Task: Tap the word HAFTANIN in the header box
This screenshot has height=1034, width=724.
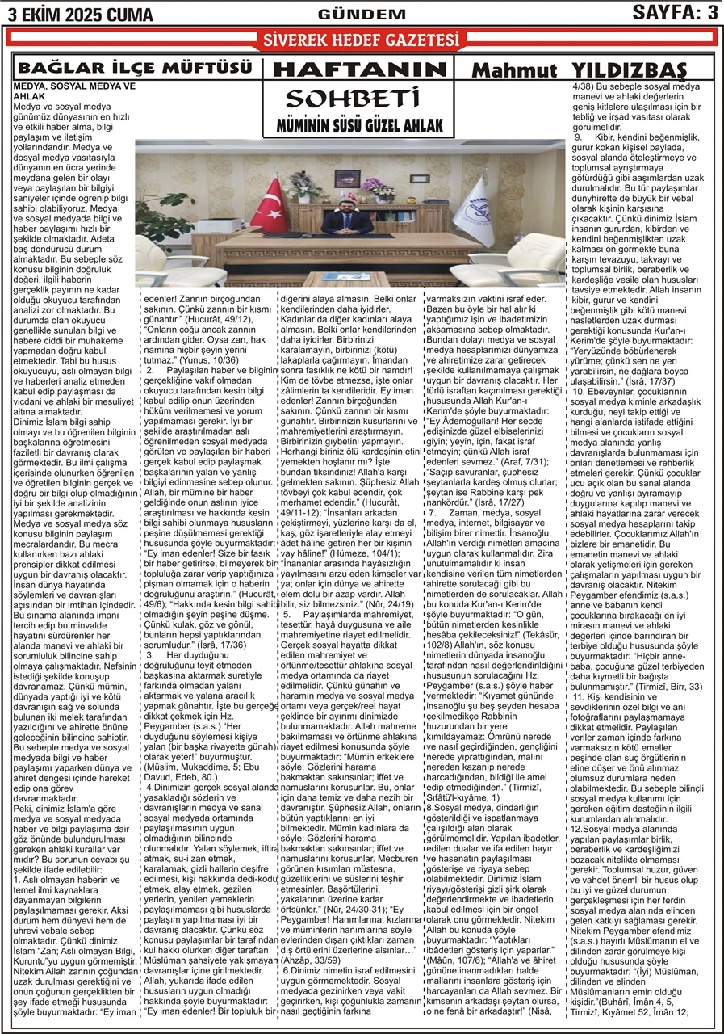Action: [x=360, y=69]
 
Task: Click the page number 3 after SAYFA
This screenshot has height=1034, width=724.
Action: [x=711, y=12]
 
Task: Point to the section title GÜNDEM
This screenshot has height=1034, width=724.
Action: [x=351, y=14]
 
